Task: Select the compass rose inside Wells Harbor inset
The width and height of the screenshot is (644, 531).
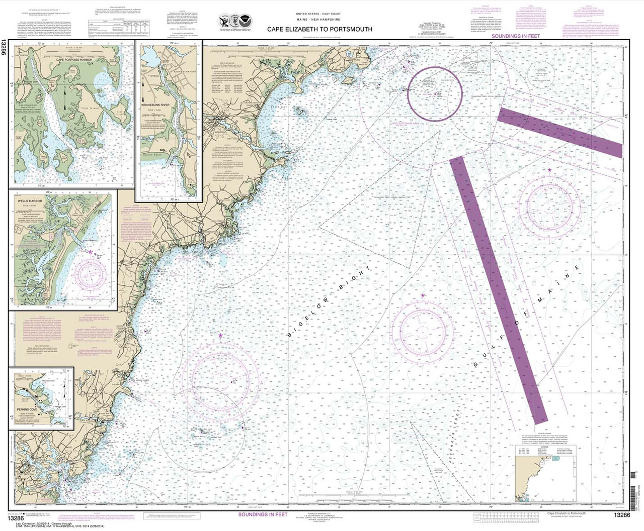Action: coord(92,275)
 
